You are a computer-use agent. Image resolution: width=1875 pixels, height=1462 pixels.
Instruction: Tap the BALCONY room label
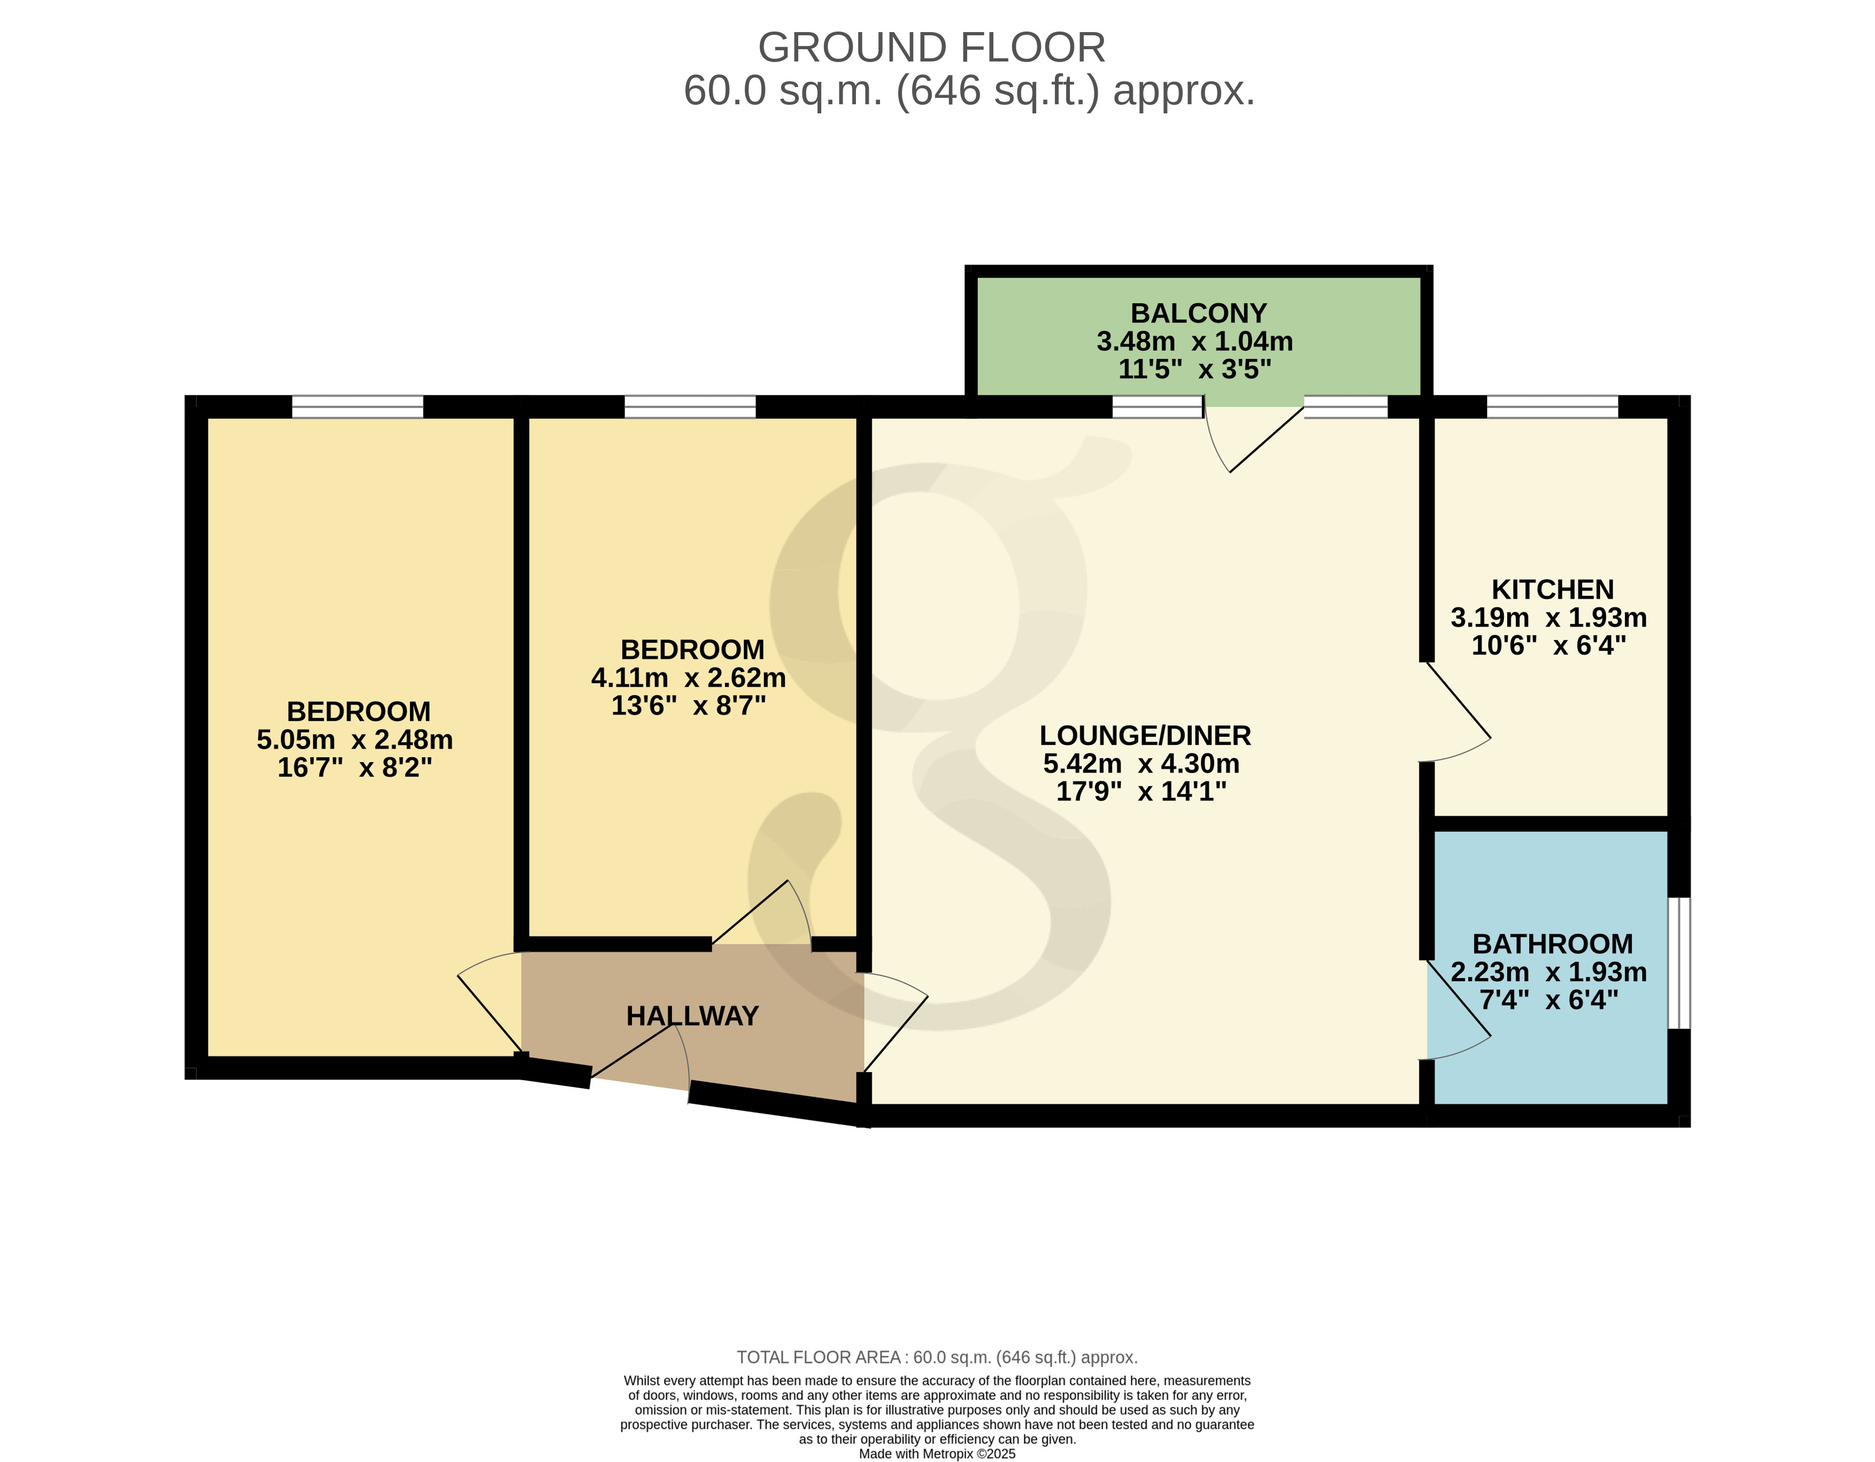coord(1199,313)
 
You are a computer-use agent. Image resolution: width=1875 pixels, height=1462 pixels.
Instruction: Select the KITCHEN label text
coord(1552,590)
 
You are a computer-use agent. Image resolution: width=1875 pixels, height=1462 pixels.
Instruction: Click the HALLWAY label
coord(692,1017)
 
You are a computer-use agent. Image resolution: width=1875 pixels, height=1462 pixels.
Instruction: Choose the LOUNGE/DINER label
coord(1145,736)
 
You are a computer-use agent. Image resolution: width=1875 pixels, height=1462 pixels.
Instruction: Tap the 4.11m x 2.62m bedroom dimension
coord(689,678)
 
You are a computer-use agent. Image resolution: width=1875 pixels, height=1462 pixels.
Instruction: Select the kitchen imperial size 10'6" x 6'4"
coord(1549,645)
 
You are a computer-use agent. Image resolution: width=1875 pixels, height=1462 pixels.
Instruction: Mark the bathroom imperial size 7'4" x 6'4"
coord(1549,1000)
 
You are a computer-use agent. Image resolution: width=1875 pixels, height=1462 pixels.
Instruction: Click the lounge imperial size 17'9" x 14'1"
coord(1141,791)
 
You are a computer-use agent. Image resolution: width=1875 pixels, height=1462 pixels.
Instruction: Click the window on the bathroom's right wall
coord(1679,963)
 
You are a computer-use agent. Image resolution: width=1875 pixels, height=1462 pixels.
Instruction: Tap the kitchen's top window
coord(1552,407)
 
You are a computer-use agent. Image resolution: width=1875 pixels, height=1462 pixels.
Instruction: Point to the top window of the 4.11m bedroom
coord(689,407)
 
